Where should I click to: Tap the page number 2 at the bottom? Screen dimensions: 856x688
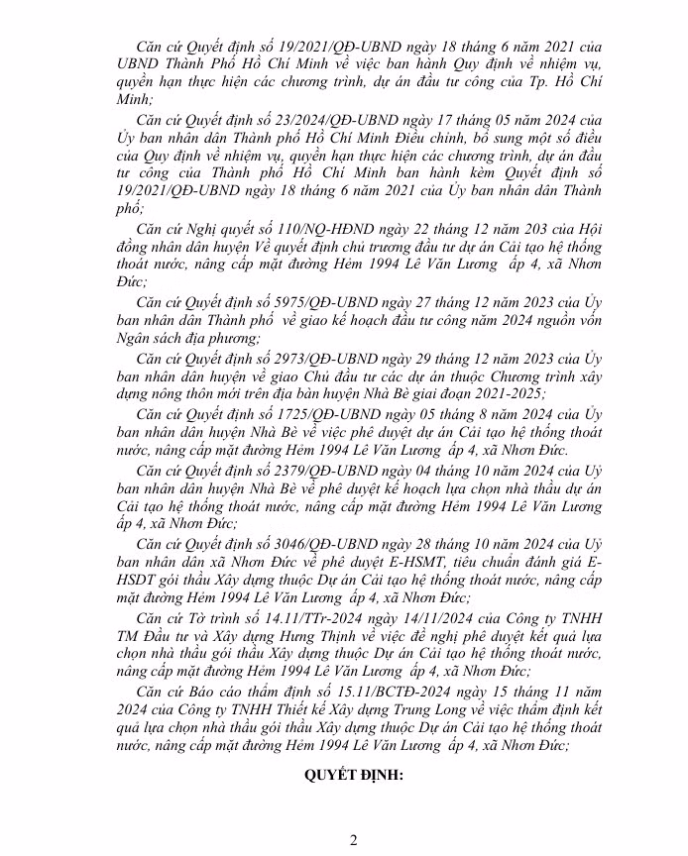click(x=352, y=840)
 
